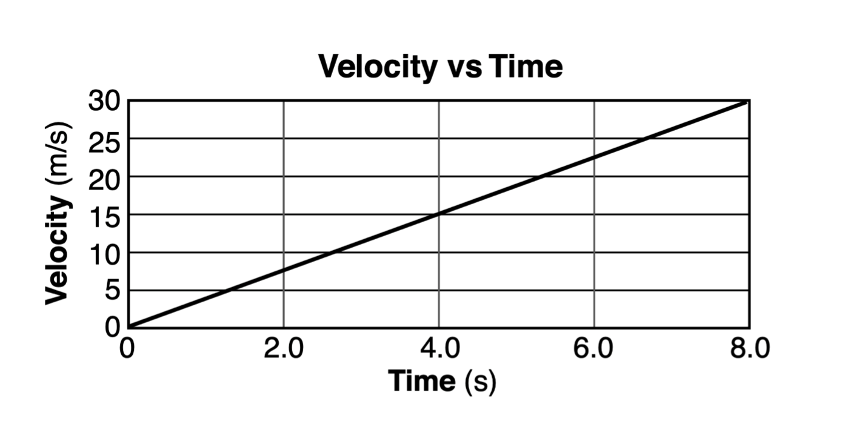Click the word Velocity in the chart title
point(376,66)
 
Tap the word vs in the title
point(464,67)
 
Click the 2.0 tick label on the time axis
point(283,351)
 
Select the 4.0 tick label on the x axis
point(439,351)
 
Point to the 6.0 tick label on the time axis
point(594,351)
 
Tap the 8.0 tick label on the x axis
point(749,351)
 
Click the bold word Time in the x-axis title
point(422,380)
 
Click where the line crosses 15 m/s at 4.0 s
point(439,214)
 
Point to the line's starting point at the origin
point(129,328)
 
